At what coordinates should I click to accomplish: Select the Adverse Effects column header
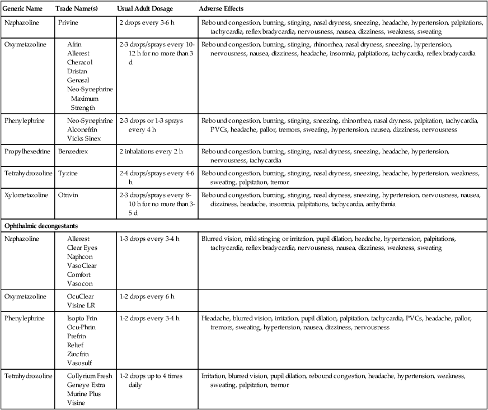[x=221, y=10]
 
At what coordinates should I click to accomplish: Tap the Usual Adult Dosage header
[x=144, y=10]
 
